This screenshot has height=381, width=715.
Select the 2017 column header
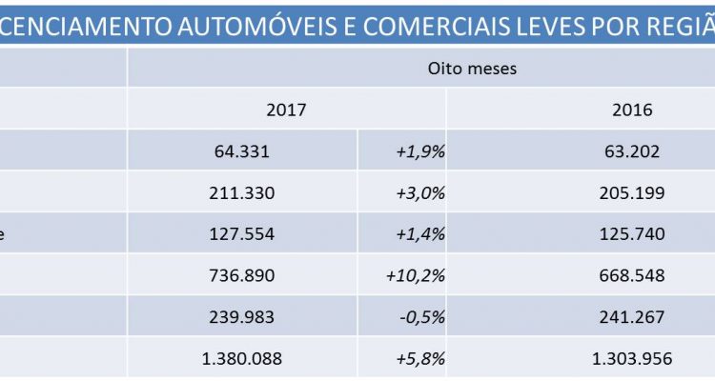[287, 110]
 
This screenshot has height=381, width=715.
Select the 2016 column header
[632, 110]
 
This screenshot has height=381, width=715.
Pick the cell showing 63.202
[632, 150]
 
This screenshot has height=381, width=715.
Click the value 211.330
[242, 192]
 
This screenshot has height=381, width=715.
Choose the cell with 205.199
[632, 192]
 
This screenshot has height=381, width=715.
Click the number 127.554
[242, 234]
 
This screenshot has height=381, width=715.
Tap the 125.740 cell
[632, 234]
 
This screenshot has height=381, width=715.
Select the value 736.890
[242, 276]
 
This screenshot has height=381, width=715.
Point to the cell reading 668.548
[632, 276]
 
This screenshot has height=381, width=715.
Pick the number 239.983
[242, 318]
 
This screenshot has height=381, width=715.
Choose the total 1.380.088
[242, 360]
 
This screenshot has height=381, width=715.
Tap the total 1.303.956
[632, 360]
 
